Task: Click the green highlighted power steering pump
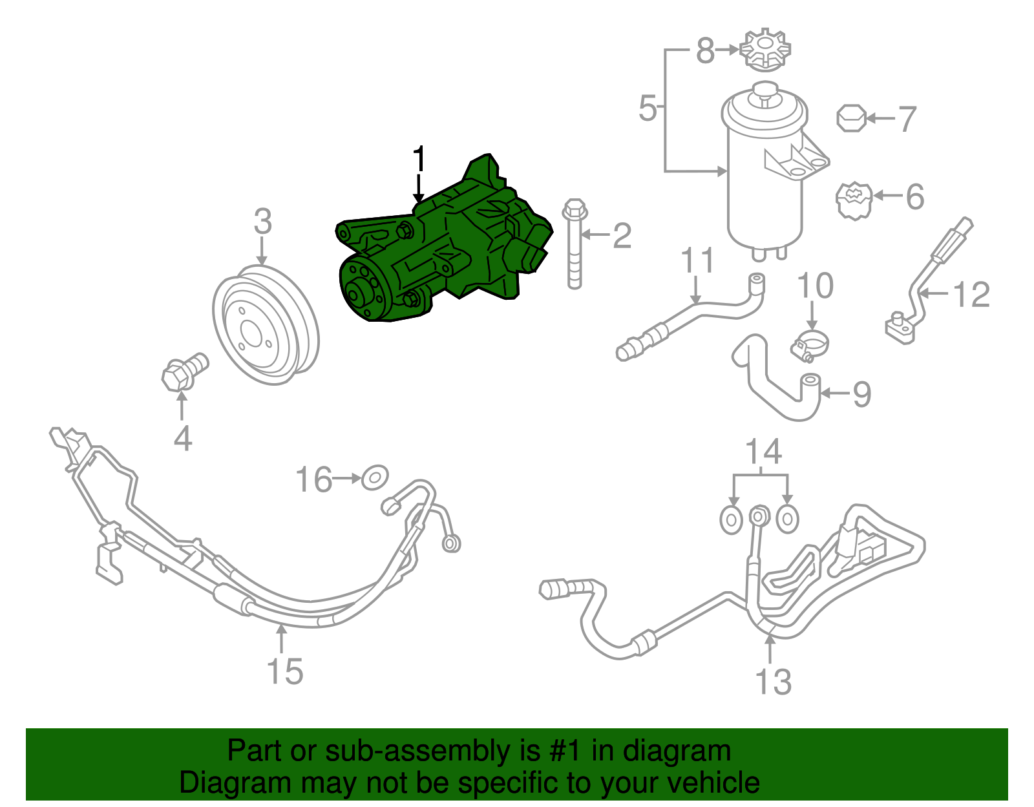(446, 252)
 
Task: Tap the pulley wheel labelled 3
(266, 326)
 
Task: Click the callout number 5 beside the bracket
(647, 109)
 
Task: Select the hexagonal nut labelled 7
(851, 118)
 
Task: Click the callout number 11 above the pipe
(697, 260)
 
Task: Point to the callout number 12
(971, 295)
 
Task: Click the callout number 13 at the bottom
(773, 682)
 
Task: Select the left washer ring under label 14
(731, 519)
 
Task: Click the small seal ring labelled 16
(375, 478)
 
